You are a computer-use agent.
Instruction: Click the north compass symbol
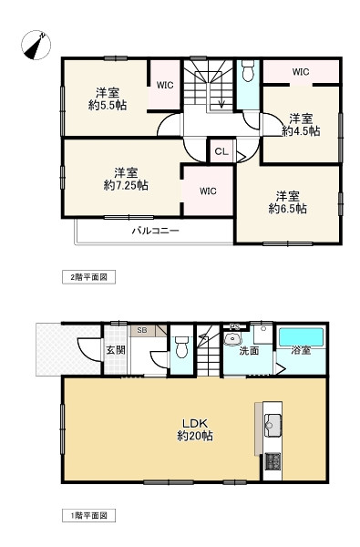tap(36, 45)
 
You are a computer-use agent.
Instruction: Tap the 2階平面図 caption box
tap(88, 277)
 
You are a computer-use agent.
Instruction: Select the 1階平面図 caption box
tap(88, 516)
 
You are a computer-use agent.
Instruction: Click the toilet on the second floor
tap(248, 71)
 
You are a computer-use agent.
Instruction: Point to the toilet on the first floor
tap(181, 346)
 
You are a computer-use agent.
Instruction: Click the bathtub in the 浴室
tap(302, 337)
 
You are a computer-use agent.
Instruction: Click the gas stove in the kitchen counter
tap(273, 461)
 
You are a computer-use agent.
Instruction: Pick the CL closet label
tap(221, 151)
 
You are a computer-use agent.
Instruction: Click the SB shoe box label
tap(142, 330)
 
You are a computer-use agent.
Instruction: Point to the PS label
tap(234, 327)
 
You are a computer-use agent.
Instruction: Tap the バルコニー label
tap(155, 231)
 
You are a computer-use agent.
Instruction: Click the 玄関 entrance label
tap(116, 349)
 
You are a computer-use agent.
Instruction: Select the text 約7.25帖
tap(126, 185)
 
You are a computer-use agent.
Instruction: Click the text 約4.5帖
tap(301, 131)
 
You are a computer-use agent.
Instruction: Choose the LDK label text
tap(195, 424)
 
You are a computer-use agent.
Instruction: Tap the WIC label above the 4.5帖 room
tap(301, 72)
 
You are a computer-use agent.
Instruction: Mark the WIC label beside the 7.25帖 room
tap(208, 191)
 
